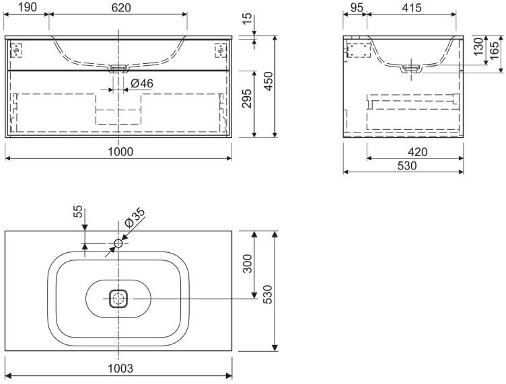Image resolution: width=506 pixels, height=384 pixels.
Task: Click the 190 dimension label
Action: [x=27, y=7]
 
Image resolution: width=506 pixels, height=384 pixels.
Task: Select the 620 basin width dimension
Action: [x=121, y=7]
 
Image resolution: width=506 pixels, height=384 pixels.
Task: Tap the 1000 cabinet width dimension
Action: [x=120, y=151]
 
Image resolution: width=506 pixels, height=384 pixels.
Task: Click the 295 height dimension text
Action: [x=246, y=98]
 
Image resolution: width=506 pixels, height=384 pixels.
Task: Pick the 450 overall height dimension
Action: [x=268, y=81]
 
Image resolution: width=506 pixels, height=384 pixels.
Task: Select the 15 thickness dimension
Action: [x=246, y=19]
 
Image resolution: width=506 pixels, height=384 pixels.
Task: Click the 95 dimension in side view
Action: [x=356, y=7]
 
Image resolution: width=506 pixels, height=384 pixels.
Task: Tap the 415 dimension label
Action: [x=412, y=7]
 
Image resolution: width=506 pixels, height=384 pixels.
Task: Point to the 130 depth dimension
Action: [x=479, y=46]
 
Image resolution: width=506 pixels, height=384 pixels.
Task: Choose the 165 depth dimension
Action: [x=494, y=50]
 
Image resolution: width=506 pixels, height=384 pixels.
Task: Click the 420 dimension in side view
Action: [x=417, y=151]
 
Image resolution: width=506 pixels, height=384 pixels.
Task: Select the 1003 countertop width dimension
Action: [x=120, y=369]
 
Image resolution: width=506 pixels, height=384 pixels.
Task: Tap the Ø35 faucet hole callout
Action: [x=135, y=219]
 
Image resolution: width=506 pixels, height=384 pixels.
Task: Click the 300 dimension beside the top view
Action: [x=247, y=264]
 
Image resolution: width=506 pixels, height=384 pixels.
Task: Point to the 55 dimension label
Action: [x=78, y=212]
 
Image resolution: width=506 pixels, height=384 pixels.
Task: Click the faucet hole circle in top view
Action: [x=118, y=243]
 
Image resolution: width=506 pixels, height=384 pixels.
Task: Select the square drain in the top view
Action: [x=118, y=299]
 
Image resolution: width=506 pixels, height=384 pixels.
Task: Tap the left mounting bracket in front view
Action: [x=16, y=50]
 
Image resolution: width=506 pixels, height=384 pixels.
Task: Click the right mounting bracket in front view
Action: [x=221, y=50]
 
